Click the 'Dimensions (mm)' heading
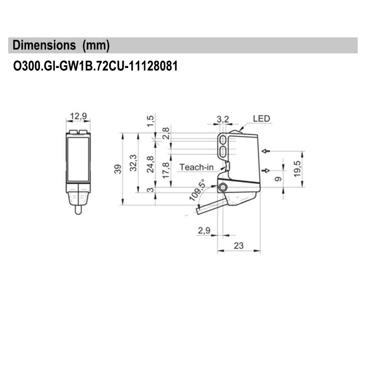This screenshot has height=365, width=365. [x=62, y=46]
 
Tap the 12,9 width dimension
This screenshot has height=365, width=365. [x=78, y=116]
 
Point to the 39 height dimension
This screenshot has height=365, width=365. [x=118, y=169]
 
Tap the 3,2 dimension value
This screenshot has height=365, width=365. [x=223, y=119]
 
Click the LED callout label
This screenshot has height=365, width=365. [x=261, y=119]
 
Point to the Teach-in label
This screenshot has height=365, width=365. [x=196, y=167]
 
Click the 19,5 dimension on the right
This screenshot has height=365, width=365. [x=297, y=168]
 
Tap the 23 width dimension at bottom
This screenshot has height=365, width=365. [x=239, y=245]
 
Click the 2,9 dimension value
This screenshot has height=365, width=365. [x=203, y=231]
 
